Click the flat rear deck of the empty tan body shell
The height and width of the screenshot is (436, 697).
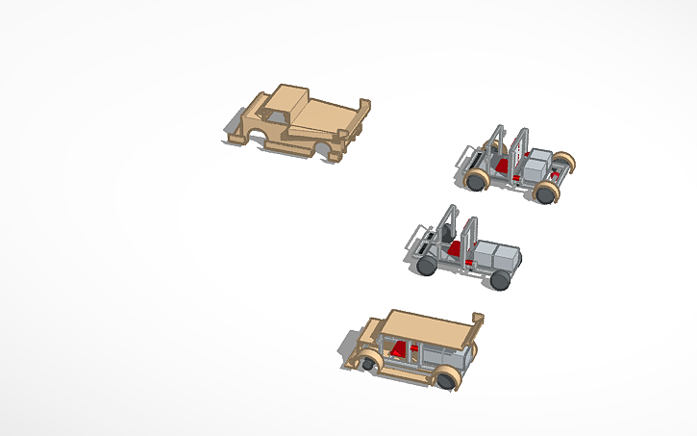(x=322, y=116)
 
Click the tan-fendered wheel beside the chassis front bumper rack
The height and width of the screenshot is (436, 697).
(x=477, y=179)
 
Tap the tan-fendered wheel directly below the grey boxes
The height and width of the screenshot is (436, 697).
(x=545, y=192)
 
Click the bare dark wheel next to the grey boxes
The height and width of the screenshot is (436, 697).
(x=500, y=280)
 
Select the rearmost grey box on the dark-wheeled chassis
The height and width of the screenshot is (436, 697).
(x=507, y=257)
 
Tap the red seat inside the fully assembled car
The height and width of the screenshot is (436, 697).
(x=399, y=347)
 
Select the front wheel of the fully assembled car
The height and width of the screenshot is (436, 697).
(x=368, y=365)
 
